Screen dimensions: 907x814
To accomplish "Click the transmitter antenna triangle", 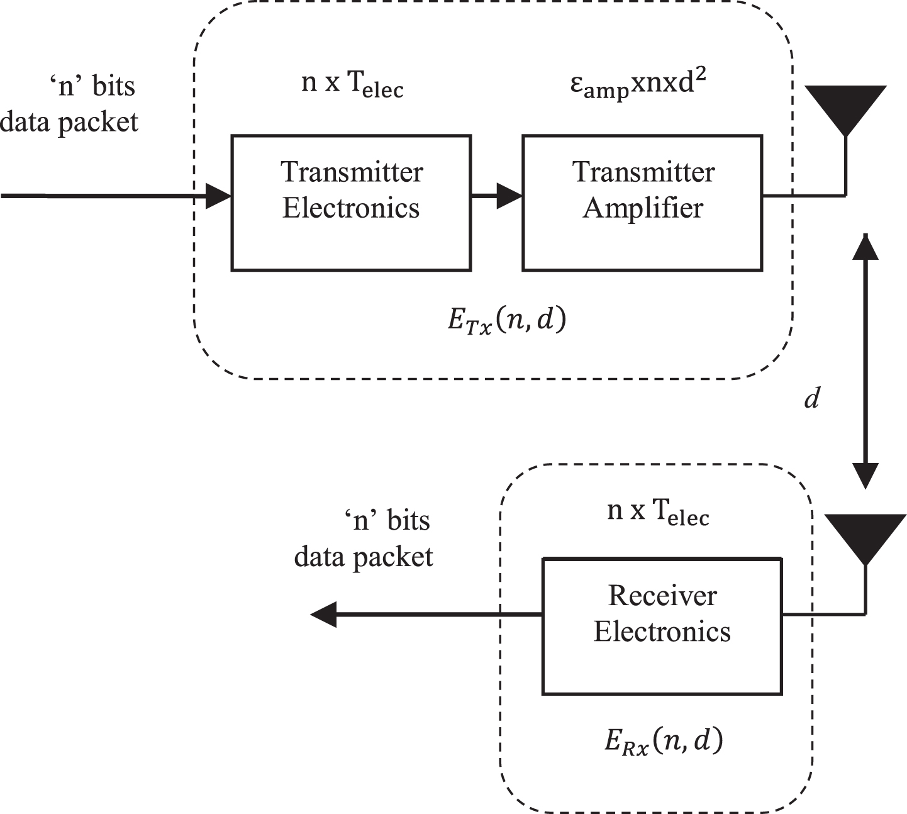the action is tap(845, 105).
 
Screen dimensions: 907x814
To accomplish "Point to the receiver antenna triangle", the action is tap(865, 535).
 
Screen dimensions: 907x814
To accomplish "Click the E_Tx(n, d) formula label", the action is tap(507, 321).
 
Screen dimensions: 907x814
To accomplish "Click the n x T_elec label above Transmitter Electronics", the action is tap(352, 84).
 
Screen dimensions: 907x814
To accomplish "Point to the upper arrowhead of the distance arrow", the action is tap(865, 247).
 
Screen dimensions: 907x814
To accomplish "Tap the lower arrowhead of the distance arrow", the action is tap(865, 476).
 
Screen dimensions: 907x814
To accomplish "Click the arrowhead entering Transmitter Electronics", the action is tap(218, 196).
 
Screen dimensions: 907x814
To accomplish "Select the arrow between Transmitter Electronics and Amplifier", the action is tap(497, 196).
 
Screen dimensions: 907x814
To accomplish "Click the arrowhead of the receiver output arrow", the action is tap(323, 615).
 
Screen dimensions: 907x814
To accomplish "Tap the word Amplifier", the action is tap(642, 208).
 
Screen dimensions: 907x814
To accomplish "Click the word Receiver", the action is tap(662, 596).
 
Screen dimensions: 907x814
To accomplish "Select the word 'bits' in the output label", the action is tap(408, 521).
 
